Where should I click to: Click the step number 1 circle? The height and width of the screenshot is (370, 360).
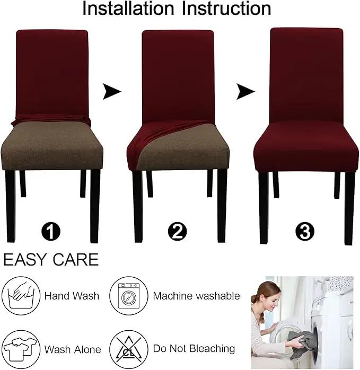pos(51,232)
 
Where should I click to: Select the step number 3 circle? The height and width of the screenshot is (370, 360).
pos(305,232)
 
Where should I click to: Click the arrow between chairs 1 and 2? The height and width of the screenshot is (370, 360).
pos(111,91)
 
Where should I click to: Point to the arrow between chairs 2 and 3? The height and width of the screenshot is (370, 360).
pos(245,91)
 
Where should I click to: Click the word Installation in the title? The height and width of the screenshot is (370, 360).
pos(128,8)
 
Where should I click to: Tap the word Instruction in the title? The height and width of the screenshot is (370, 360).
pos(226,8)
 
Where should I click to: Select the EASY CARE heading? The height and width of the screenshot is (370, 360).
pos(51,260)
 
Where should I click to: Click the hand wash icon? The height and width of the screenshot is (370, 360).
pos(21,295)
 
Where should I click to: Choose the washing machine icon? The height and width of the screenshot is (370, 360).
pos(129,295)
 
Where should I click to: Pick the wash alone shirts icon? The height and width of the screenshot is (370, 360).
pos(21,349)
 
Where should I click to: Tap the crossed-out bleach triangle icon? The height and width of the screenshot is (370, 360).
pos(129,349)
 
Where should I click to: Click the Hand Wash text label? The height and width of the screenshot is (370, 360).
pos(72,296)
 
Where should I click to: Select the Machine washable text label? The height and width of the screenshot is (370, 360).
pos(196,296)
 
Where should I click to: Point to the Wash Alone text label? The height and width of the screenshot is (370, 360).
pos(73,349)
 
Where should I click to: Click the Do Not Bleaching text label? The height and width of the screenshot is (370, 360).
pos(194,349)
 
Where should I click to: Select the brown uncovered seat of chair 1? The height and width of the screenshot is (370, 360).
pos(52,146)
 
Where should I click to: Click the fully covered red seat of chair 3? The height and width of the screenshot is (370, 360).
pos(306,146)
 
